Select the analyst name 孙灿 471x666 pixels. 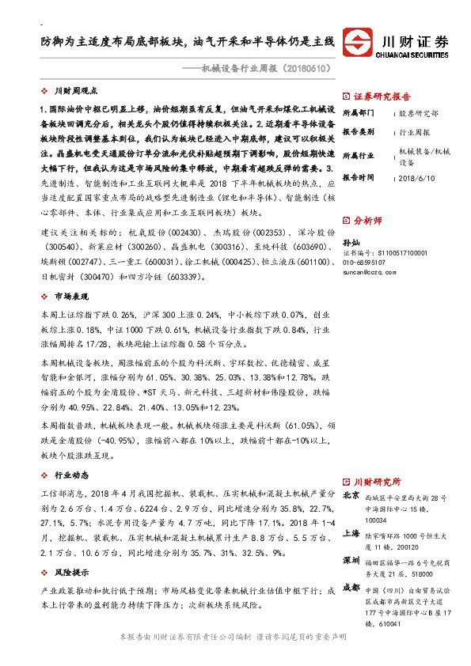[x=351, y=241]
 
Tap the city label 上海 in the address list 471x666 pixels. [x=351, y=534]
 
